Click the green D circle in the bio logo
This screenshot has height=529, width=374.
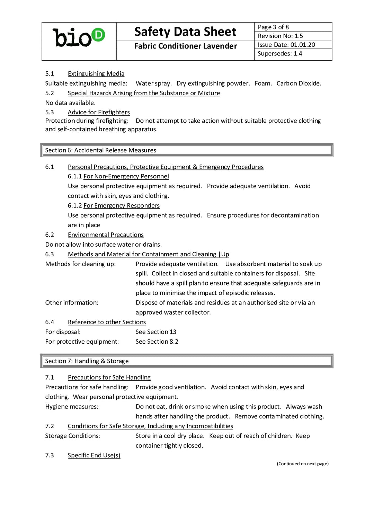98,35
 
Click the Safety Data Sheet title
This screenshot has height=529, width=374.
185,32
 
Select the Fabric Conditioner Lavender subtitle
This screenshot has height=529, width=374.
185,46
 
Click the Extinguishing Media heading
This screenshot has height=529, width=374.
96,73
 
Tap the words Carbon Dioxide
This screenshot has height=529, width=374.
299,83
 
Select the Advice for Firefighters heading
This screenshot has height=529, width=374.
99,112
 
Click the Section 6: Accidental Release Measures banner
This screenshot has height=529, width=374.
187,150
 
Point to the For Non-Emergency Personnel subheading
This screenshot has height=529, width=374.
126,176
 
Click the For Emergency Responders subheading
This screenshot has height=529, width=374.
122,205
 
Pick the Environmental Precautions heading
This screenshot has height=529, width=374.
106,235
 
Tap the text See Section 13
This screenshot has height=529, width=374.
156,332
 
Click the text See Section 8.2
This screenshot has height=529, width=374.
157,341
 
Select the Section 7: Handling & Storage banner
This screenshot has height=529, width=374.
187,361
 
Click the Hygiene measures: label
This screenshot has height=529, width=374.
72,406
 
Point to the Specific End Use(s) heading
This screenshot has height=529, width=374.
94,455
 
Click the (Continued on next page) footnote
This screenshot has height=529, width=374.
303,464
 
